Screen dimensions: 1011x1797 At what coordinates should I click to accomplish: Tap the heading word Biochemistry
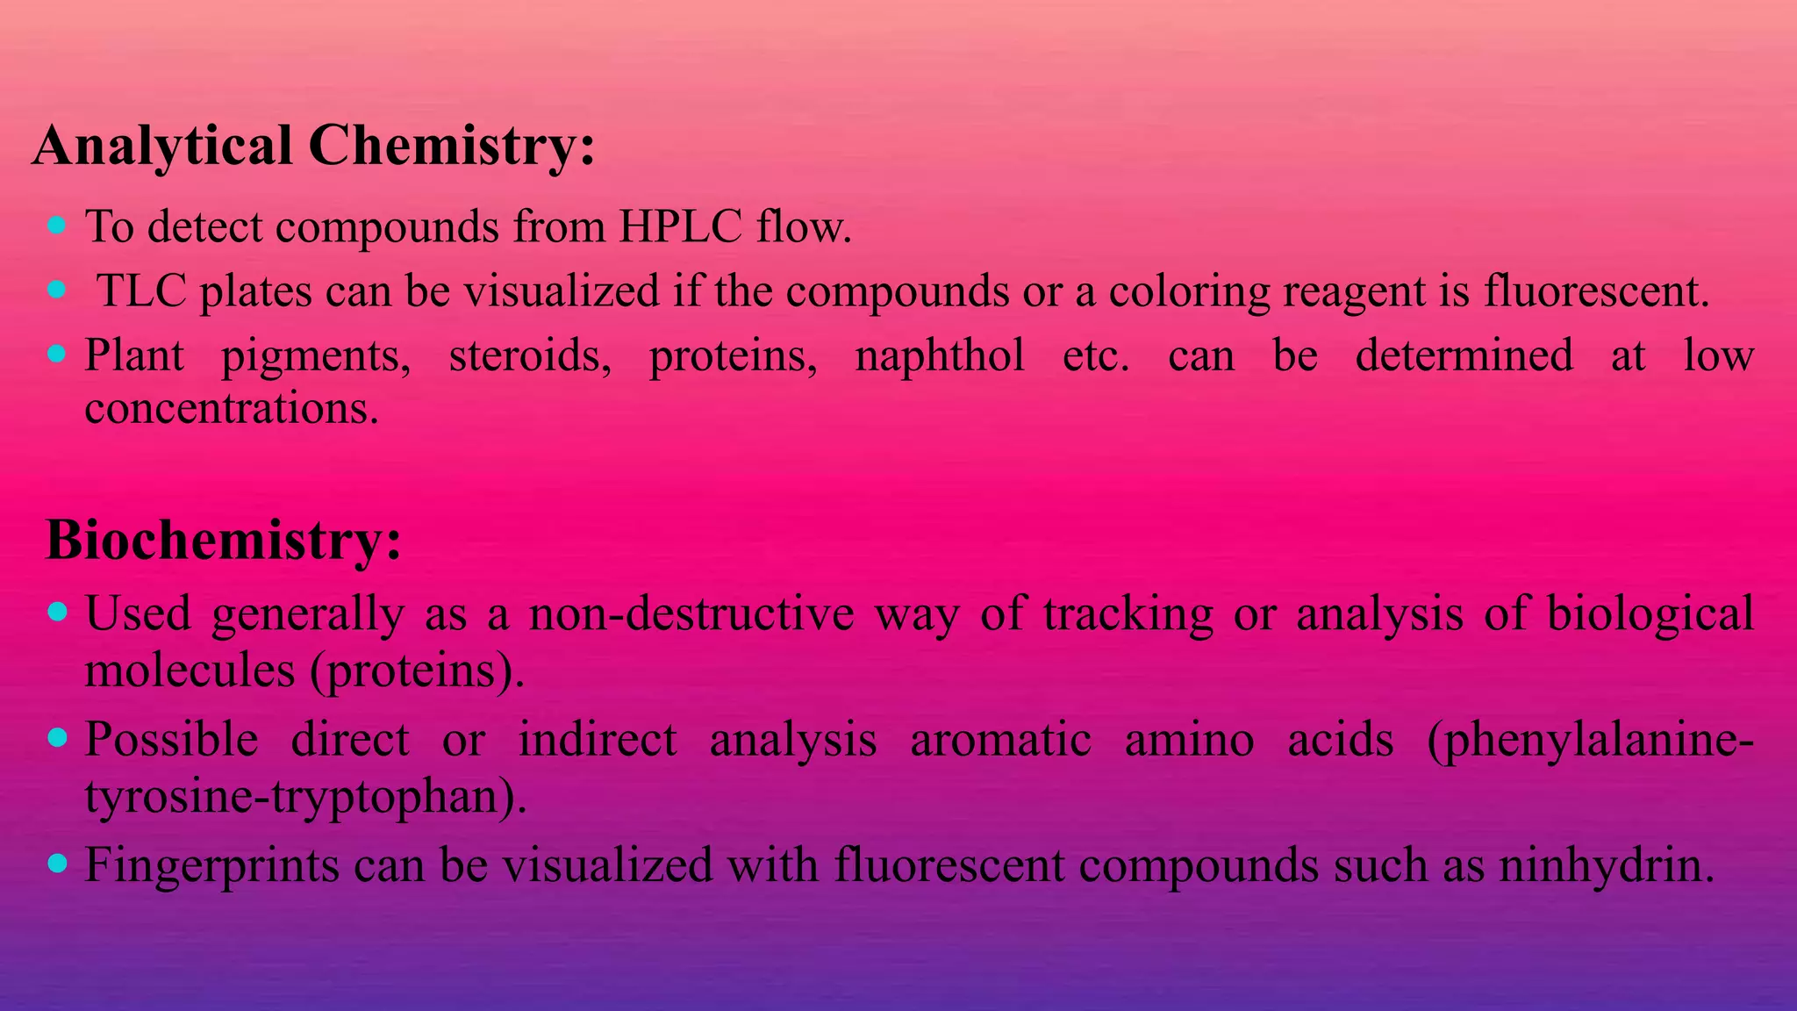214,540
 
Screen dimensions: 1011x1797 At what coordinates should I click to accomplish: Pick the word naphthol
940,356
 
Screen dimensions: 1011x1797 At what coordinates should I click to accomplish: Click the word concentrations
232,408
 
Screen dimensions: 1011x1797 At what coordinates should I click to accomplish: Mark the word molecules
190,670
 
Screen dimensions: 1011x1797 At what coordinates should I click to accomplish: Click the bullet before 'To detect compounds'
57,226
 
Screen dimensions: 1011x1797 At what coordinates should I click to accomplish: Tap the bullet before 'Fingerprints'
57,864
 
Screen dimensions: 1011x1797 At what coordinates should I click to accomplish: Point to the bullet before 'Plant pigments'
57,354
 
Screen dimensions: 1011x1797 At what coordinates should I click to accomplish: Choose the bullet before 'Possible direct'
57,738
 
